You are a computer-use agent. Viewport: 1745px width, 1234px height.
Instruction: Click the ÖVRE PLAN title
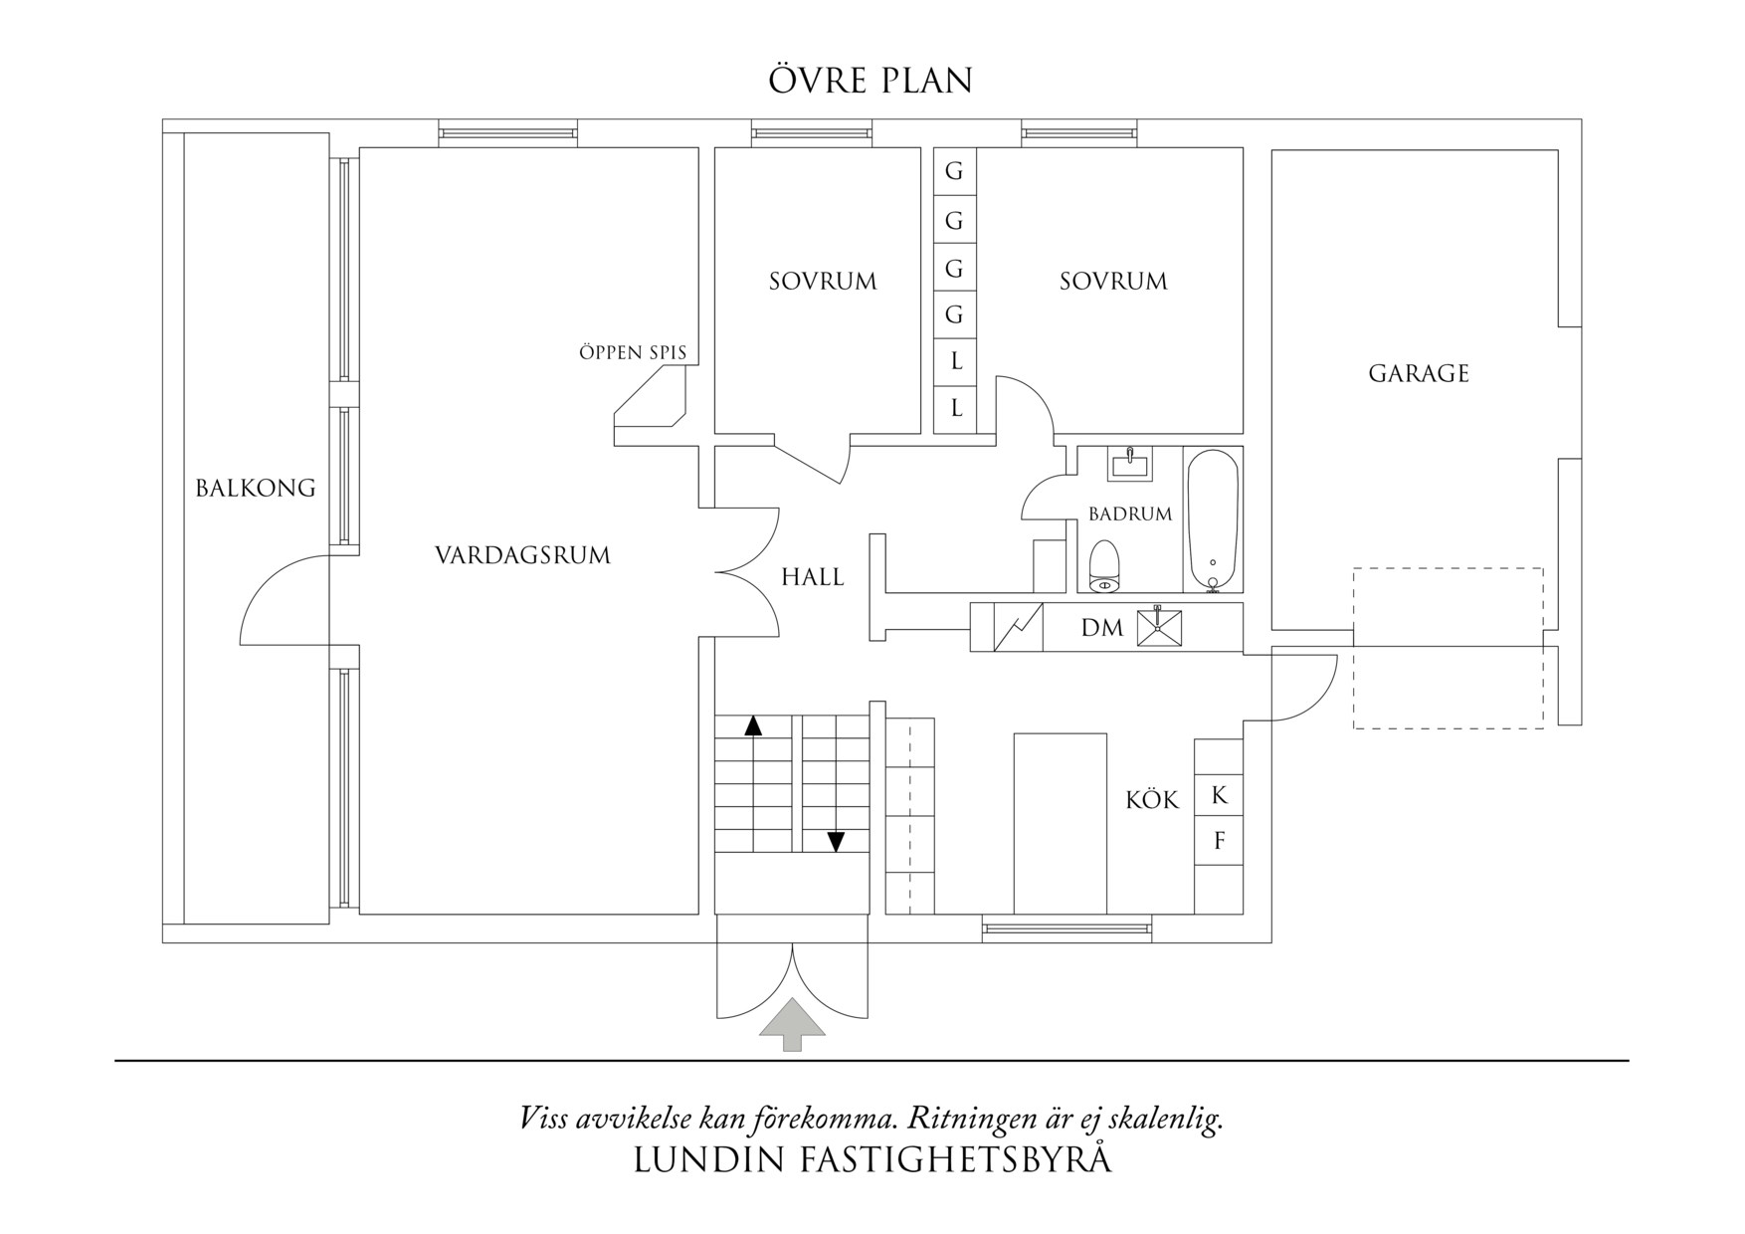pyautogui.click(x=871, y=81)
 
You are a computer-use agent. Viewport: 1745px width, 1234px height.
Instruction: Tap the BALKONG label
pyautogui.click(x=256, y=489)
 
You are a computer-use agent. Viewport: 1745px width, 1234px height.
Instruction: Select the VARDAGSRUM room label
pyautogui.click(x=522, y=555)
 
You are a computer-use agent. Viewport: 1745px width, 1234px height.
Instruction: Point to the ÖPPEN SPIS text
pyautogui.click(x=633, y=352)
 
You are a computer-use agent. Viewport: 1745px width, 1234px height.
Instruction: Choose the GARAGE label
pyautogui.click(x=1419, y=374)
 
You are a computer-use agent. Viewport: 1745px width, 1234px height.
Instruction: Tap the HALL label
pyautogui.click(x=812, y=577)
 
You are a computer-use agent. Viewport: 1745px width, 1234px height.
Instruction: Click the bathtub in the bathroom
pyautogui.click(x=1213, y=520)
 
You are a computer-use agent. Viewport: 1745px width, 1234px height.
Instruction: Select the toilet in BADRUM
pyautogui.click(x=1104, y=567)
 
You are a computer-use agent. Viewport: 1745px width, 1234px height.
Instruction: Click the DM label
pyautogui.click(x=1102, y=628)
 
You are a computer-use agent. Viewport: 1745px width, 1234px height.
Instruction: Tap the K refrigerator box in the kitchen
pyautogui.click(x=1220, y=796)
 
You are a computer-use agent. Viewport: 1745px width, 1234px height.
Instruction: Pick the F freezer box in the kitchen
pyautogui.click(x=1220, y=842)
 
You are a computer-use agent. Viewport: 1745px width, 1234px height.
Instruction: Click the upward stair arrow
pyautogui.click(x=753, y=725)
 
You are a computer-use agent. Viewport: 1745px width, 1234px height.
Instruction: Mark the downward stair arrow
pyautogui.click(x=836, y=842)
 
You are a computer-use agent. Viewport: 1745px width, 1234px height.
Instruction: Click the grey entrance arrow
pyautogui.click(x=792, y=1023)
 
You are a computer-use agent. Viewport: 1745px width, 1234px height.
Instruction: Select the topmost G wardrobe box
pyautogui.click(x=954, y=171)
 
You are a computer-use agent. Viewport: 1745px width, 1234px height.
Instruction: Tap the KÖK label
pyautogui.click(x=1152, y=800)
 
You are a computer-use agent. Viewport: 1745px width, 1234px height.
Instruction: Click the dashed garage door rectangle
pyautogui.click(x=1448, y=648)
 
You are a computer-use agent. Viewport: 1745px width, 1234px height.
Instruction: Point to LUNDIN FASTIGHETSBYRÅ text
pyautogui.click(x=872, y=1161)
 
